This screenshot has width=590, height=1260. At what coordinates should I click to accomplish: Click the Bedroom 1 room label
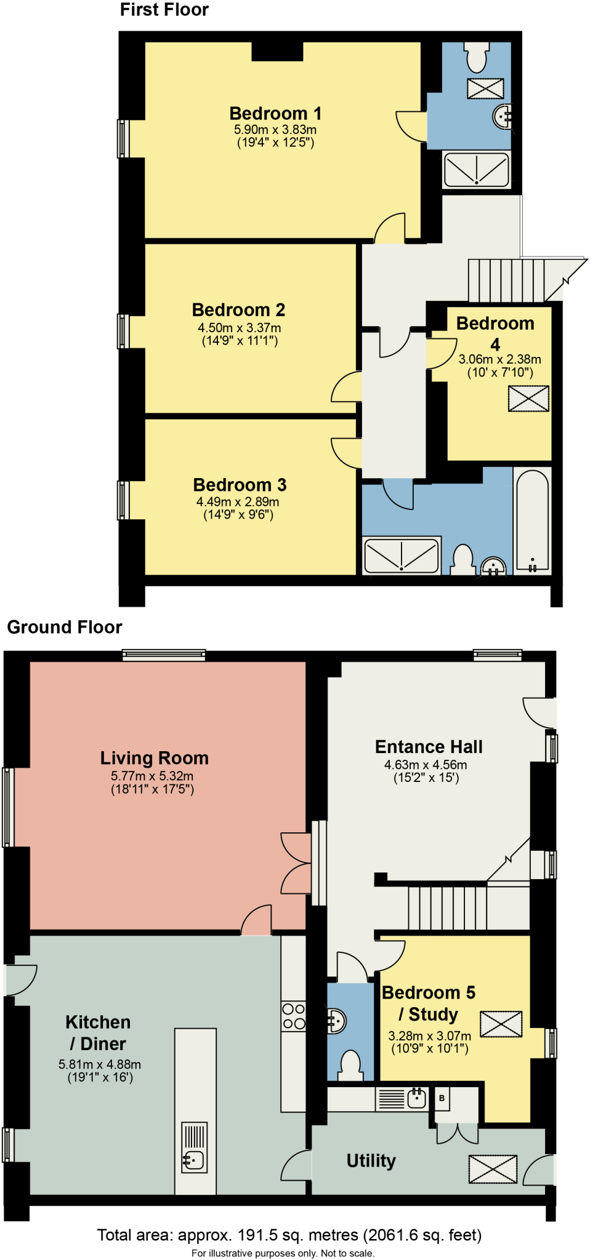275,114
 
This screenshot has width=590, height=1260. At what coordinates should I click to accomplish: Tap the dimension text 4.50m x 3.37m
239,328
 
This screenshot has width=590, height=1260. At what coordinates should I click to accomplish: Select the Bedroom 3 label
240,485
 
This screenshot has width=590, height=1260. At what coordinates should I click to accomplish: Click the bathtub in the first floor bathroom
532,520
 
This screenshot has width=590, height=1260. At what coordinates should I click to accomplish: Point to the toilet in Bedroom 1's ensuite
477,58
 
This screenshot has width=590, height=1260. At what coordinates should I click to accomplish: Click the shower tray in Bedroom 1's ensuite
477,169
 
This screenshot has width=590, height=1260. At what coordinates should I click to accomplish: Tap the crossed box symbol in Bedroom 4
528,399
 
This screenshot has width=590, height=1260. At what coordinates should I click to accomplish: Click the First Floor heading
164,10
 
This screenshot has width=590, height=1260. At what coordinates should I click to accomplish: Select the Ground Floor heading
65,627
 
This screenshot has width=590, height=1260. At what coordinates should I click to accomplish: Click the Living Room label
154,758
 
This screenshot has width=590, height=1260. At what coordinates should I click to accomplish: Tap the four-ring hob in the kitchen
293,1016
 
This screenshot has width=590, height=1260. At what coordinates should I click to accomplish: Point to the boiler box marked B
442,1098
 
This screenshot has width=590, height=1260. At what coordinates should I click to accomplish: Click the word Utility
371,1160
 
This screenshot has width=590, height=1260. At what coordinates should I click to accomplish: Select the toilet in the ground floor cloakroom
351,1066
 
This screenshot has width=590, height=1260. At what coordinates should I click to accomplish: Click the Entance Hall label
429,747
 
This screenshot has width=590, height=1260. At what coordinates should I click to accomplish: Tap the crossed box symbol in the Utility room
493,1169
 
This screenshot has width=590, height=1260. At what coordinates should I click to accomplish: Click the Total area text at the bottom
289,1235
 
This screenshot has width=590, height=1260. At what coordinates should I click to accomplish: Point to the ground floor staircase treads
447,907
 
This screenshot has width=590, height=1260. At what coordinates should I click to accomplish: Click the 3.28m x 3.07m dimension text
429,1036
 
